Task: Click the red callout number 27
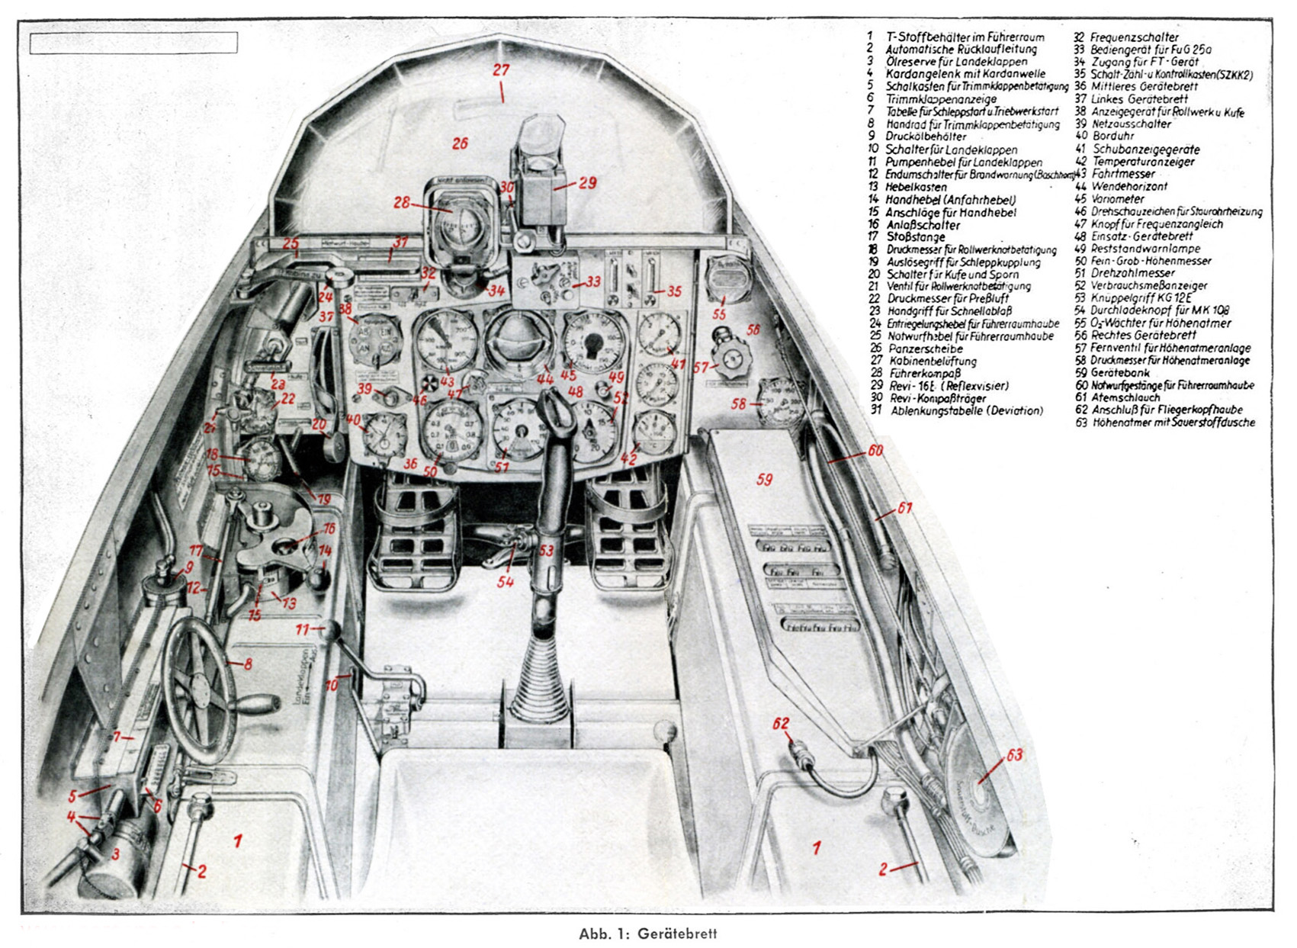[500, 70]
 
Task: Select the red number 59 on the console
[764, 479]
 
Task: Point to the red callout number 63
[1013, 755]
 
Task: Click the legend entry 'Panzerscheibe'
[926, 349]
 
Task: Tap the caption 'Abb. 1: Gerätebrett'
[647, 934]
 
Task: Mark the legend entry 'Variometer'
[1118, 199]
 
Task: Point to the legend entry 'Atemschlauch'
[1125, 397]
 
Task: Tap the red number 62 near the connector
[781, 724]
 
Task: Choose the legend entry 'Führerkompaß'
[925, 374]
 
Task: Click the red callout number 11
[302, 630]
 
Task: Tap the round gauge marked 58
[779, 401]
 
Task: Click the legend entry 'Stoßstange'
[916, 237]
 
